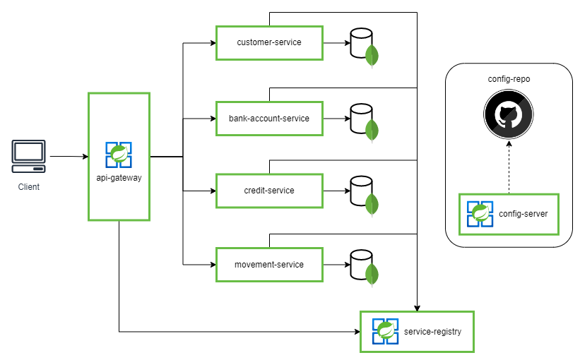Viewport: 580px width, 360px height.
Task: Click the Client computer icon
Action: [29, 156]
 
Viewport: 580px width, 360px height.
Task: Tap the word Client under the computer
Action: [29, 187]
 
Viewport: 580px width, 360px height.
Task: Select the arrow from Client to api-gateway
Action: [67, 156]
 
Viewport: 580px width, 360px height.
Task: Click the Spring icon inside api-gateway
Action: [119, 155]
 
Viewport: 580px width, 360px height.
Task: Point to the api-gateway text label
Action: [119, 178]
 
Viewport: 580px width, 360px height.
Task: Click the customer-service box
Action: [268, 43]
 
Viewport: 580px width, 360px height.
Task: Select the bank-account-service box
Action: [268, 119]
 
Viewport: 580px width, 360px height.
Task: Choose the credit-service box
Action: [268, 191]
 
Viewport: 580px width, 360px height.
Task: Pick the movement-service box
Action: [268, 265]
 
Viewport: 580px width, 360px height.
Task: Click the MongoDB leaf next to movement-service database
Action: [372, 274]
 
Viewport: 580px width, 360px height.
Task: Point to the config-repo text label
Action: [509, 79]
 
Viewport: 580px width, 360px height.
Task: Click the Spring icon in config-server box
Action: [480, 214]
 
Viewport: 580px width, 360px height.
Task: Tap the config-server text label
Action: [523, 214]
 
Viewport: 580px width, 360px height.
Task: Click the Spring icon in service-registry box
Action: [386, 331]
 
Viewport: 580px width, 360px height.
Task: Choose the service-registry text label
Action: [432, 331]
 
